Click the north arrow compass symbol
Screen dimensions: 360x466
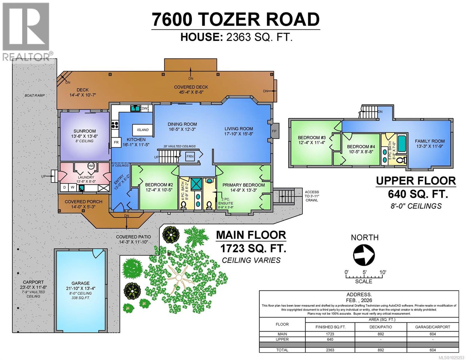364,255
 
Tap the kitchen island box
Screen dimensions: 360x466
143,130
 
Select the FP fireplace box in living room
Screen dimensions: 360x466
274,131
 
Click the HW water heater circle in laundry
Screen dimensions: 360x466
91,166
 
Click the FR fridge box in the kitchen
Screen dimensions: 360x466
116,142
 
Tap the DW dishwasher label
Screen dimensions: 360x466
144,108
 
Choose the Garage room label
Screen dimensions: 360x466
80,283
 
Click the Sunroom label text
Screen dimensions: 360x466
85,131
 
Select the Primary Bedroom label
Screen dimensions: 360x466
243,185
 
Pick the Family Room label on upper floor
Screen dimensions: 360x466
430,141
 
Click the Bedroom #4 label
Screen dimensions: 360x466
361,147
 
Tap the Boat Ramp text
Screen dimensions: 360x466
35,95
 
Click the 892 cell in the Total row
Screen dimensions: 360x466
380,350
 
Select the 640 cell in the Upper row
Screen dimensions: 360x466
330,340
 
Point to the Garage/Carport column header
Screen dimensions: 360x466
432,327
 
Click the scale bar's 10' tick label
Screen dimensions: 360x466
383,272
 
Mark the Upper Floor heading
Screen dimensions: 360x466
416,181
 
